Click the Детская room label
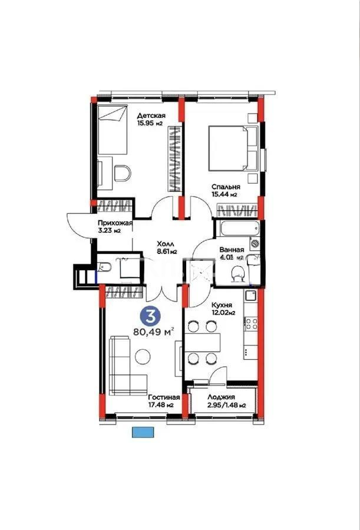coord(151,115)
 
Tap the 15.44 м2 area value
coord(225,194)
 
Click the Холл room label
coord(164,243)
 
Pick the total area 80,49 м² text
coord(157,332)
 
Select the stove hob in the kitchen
coord(252,323)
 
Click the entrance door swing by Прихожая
coord(78,221)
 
